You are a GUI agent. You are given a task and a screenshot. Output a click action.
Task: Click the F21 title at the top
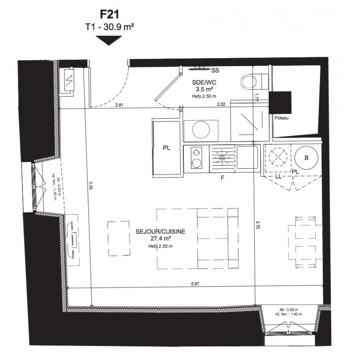(110, 14)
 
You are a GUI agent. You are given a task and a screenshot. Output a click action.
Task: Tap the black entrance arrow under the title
(109, 40)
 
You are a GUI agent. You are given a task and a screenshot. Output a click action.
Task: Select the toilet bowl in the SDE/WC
(249, 81)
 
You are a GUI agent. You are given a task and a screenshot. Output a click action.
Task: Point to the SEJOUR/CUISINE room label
(160, 231)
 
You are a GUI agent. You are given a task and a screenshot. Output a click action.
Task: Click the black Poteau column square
(280, 102)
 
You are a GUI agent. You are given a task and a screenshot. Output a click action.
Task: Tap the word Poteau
(281, 118)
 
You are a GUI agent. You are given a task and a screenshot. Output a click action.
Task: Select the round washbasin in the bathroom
(201, 130)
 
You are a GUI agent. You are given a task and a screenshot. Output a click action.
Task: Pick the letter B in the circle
(306, 158)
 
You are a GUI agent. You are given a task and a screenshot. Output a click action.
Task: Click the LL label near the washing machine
(278, 176)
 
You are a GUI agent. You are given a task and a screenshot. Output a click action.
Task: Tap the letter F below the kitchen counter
(222, 178)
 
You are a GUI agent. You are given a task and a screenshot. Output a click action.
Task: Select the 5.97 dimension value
(195, 284)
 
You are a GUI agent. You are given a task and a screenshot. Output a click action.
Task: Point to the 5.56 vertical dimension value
(90, 185)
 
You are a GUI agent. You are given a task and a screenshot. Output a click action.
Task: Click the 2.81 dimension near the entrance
(119, 105)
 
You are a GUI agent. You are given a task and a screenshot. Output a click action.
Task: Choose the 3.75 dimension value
(258, 225)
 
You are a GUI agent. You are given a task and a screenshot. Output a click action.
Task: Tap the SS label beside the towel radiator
(215, 70)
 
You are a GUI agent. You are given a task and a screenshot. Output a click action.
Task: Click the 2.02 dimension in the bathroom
(221, 104)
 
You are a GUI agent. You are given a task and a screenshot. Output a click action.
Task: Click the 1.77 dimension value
(257, 97)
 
